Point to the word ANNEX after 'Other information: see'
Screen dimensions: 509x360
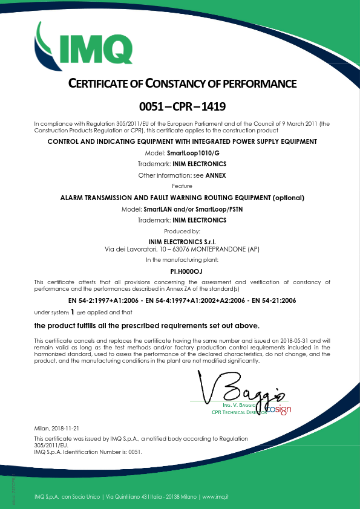coord(215,175)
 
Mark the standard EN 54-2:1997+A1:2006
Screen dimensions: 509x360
coord(107,300)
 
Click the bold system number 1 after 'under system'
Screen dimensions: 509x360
coord(73,313)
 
